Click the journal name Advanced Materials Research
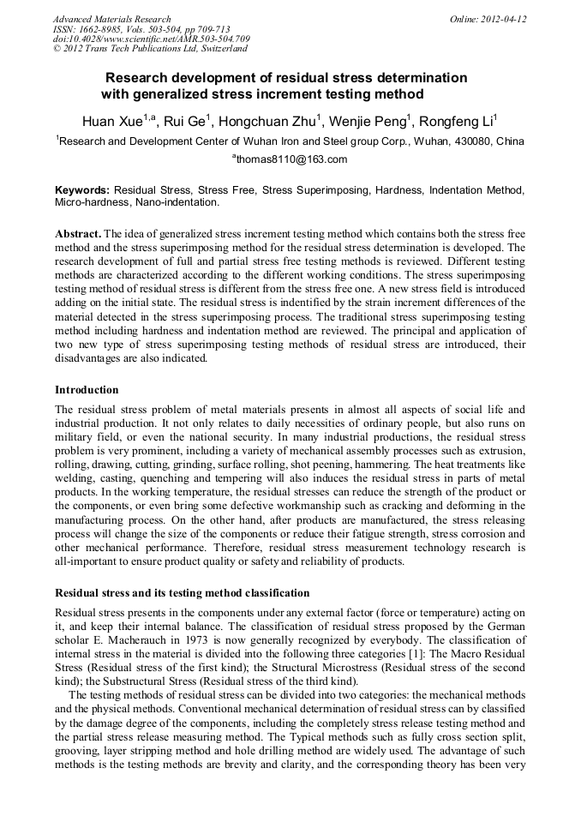tap(111, 19)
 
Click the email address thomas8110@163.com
tap(291, 159)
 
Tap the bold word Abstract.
tap(77, 234)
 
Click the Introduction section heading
tap(87, 389)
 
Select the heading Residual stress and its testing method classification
tap(182, 593)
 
